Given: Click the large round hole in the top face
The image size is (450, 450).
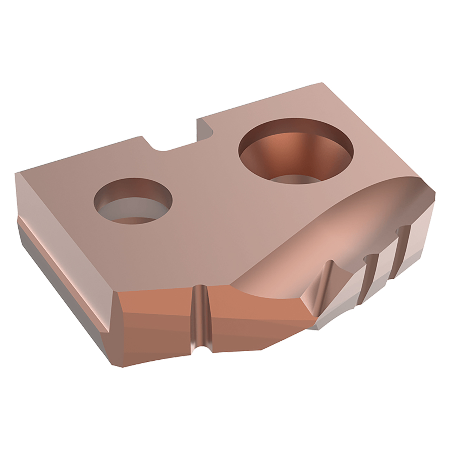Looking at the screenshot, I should [296, 151].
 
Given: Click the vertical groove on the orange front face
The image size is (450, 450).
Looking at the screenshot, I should [200, 316].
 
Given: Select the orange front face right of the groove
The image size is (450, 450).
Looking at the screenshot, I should [253, 316].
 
